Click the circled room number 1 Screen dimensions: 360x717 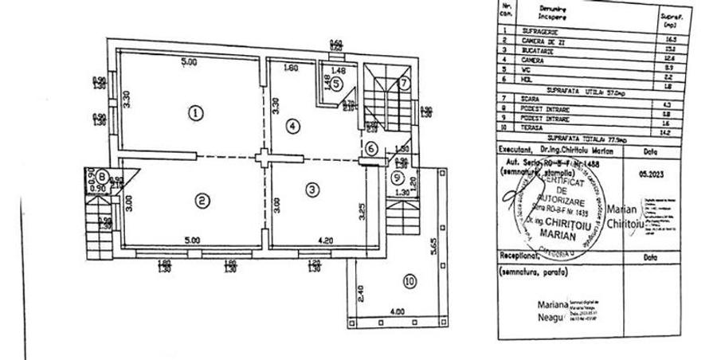(195, 113)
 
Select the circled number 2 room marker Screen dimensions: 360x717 (203, 200)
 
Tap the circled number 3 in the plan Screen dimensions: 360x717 (312, 189)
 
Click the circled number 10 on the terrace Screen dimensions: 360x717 (409, 280)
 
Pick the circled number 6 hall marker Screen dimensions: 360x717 (371, 148)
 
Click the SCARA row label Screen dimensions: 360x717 (531, 99)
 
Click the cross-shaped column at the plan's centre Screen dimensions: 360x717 (264, 155)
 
